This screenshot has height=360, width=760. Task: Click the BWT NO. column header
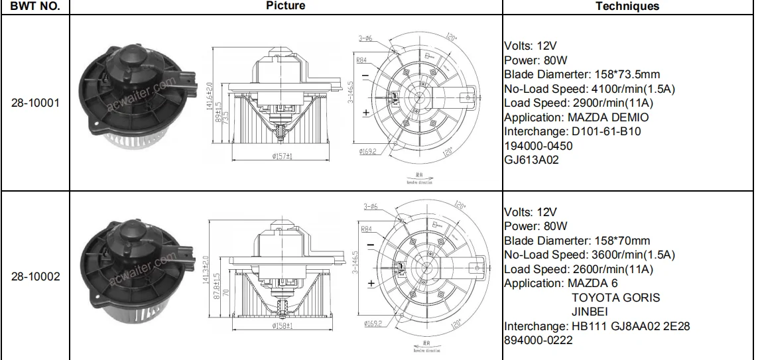[x=35, y=6]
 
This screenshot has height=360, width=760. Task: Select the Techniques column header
[x=627, y=6]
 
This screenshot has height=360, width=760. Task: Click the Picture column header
[x=285, y=6]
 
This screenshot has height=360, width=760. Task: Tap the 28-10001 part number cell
[x=35, y=103]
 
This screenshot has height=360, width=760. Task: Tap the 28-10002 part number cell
[x=35, y=276]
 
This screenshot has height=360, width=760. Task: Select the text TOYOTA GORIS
[x=615, y=298]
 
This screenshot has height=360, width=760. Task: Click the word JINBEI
[x=590, y=312]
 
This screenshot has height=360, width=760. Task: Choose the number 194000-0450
[x=538, y=146]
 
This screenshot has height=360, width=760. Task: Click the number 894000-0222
[x=538, y=340]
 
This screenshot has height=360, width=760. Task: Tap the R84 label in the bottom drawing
[x=364, y=229]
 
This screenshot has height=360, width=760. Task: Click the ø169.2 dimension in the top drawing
[x=369, y=152]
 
